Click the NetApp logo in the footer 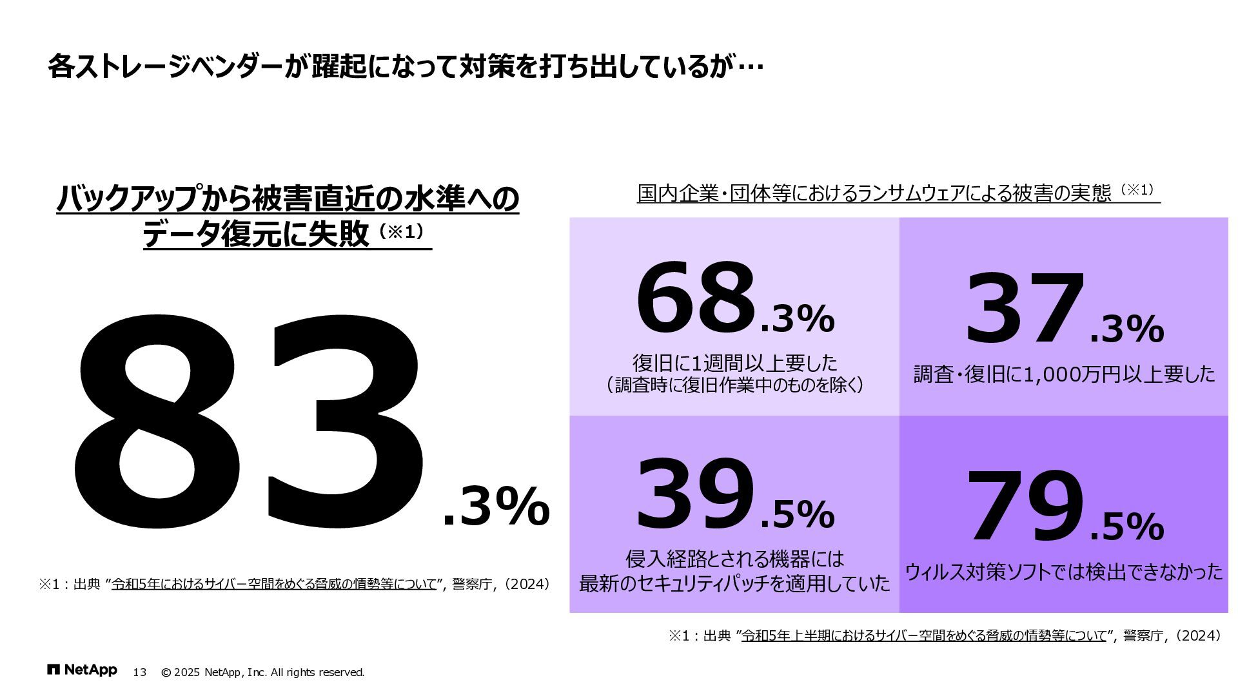pos(82,670)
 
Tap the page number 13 pos(139,673)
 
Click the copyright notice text pos(262,673)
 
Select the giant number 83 pos(248,422)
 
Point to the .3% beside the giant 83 pos(496,507)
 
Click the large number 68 pos(695,298)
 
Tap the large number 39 pos(695,494)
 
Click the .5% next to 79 pos(1127,527)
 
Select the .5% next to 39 pos(798,514)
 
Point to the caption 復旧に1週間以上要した pos(734,363)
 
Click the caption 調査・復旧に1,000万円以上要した pos(1064,374)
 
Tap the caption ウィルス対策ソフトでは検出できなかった pos(1064,572)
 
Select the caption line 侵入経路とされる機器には pos(734,559)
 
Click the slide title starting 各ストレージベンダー pos(406,67)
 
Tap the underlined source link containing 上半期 pos(923,636)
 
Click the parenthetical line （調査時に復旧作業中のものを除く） pos(734,386)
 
